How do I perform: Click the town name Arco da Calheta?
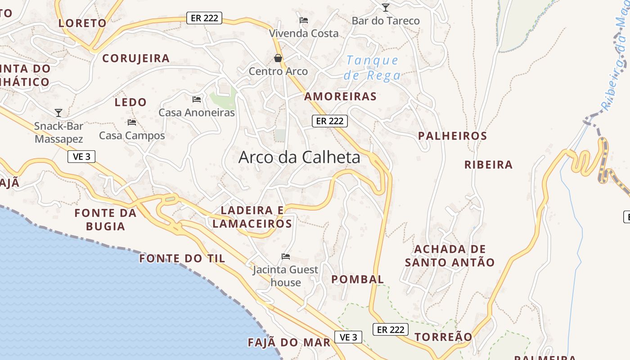click(299, 157)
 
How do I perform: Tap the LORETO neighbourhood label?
click(82, 23)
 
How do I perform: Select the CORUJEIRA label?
click(136, 58)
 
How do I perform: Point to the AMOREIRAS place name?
click(340, 96)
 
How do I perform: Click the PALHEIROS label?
click(452, 136)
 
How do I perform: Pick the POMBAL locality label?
click(358, 279)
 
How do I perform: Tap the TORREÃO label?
click(443, 337)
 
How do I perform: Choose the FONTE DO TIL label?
click(182, 258)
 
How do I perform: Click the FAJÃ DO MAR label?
click(289, 342)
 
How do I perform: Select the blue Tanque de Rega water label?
click(372, 67)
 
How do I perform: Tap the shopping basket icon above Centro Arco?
click(278, 58)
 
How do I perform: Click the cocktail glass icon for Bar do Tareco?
click(385, 7)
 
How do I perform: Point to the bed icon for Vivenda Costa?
click(304, 20)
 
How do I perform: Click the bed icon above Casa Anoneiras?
click(197, 99)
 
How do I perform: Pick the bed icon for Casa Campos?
click(132, 122)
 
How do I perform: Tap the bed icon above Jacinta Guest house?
click(285, 256)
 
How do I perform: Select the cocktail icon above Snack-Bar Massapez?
click(58, 112)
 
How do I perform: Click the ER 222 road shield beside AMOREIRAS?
click(330, 121)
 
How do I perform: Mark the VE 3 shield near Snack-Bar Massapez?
click(81, 157)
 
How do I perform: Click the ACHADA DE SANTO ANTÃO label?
click(450, 256)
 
